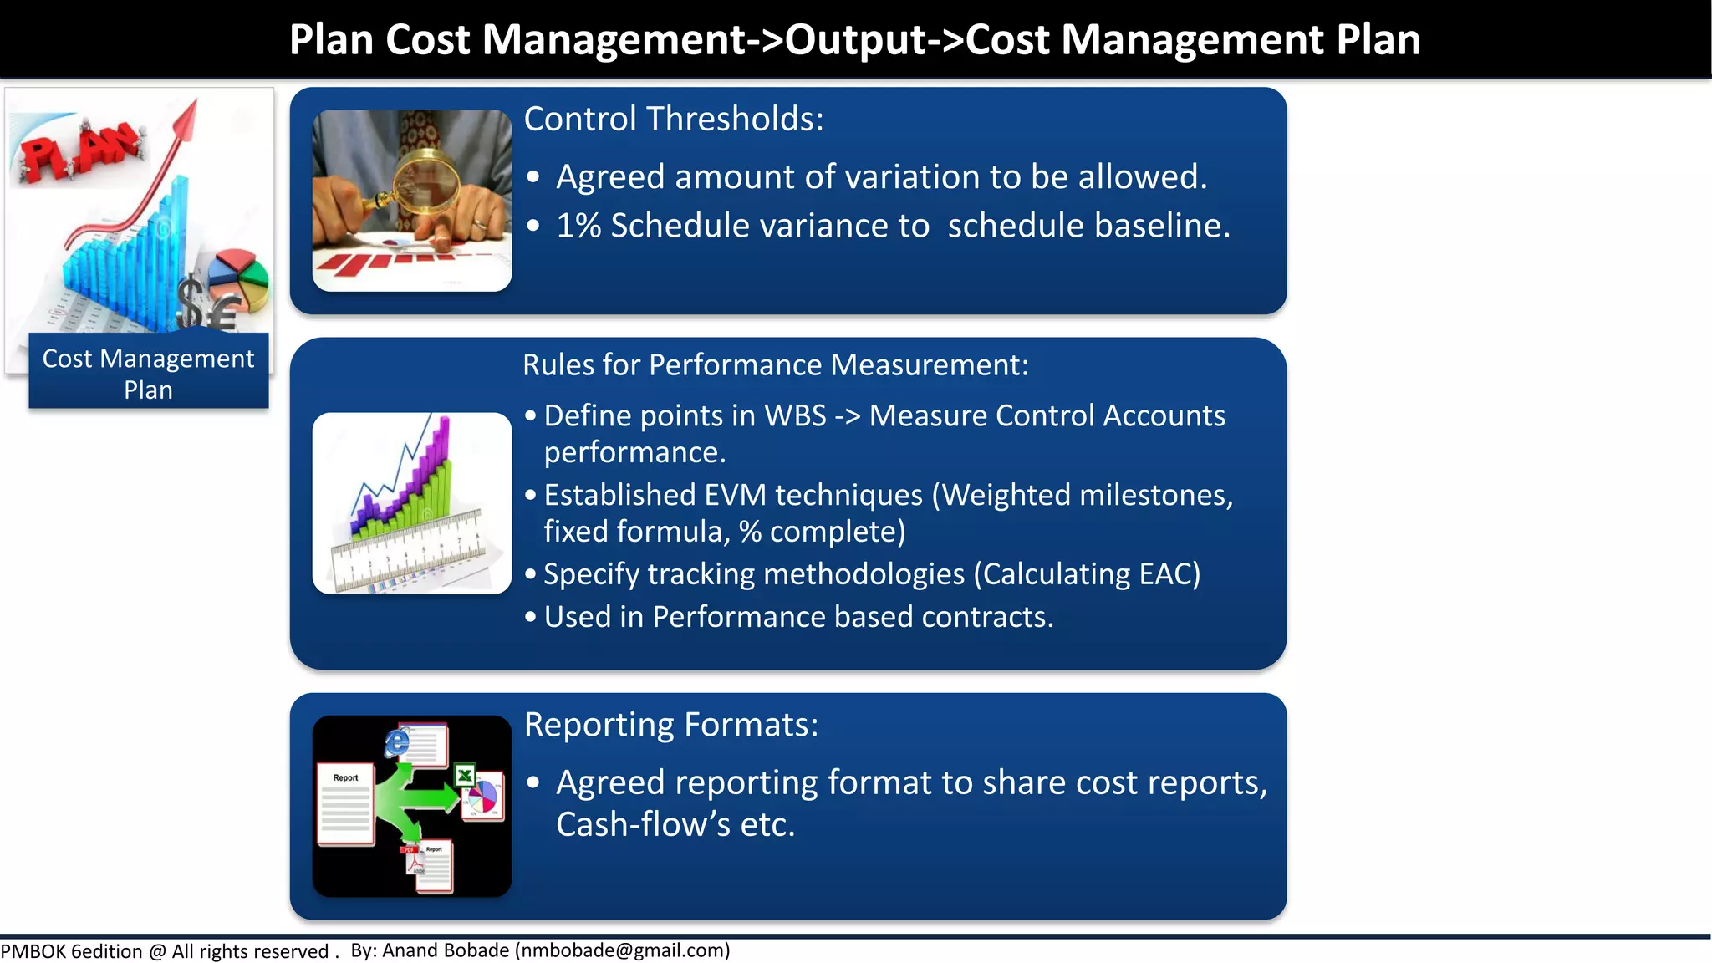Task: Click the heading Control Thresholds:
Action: coord(674,120)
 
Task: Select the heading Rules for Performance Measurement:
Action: coord(775,365)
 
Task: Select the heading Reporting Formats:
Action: coord(671,725)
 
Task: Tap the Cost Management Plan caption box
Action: coord(149,373)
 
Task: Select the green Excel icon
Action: coord(465,776)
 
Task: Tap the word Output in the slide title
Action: coord(856,39)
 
